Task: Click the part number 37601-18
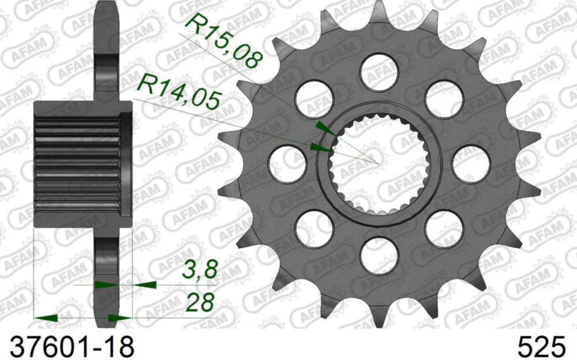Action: tap(68, 346)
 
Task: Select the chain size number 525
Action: tap(542, 346)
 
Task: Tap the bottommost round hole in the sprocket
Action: tap(379, 254)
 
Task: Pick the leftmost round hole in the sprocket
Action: tap(287, 163)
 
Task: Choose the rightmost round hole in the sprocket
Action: tap(470, 163)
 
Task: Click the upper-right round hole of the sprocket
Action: tap(444, 99)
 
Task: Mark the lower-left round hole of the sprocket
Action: tap(314, 228)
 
